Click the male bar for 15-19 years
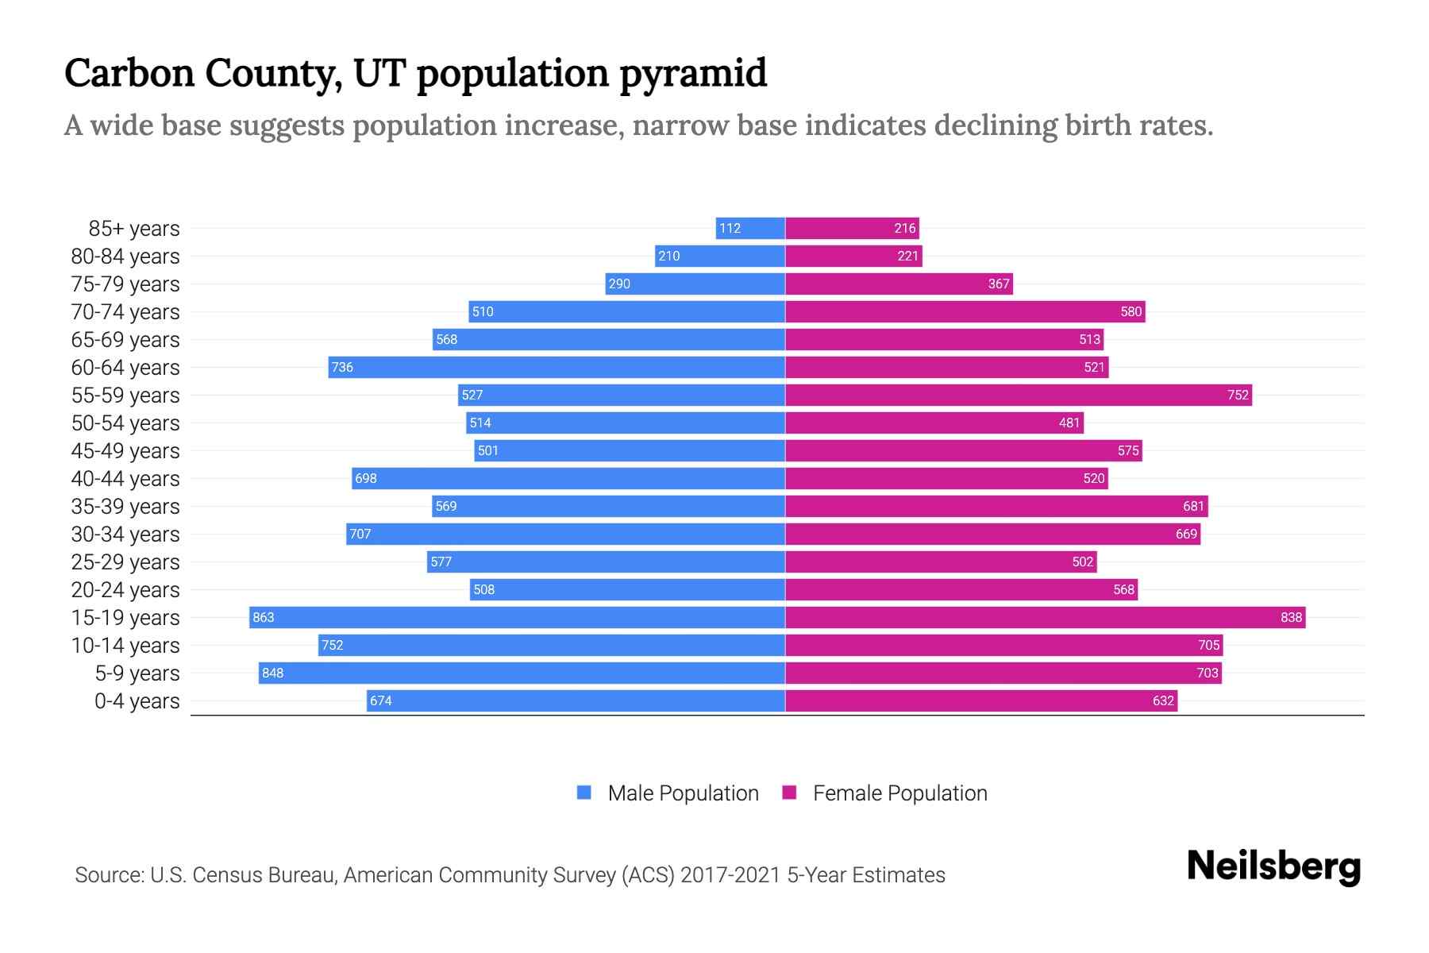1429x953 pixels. point(516,617)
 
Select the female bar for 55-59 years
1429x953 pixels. point(1018,395)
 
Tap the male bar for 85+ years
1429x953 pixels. point(750,228)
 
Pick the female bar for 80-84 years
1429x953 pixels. point(853,256)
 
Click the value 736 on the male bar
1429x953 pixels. point(342,367)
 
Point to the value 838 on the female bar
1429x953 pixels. point(1291,617)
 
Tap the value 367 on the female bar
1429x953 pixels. point(998,284)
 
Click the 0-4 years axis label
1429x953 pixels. point(137,701)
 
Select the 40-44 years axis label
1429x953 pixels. point(125,479)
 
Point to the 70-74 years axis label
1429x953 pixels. point(125,312)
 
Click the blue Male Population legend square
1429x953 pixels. point(584,793)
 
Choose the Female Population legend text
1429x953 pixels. point(899,793)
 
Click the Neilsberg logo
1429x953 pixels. point(1273,866)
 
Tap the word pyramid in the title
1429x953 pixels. point(692,74)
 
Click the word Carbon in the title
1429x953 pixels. point(129,73)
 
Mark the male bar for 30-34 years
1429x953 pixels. point(565,534)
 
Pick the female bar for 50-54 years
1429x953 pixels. point(934,422)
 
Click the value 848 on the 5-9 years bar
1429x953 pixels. point(272,673)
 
